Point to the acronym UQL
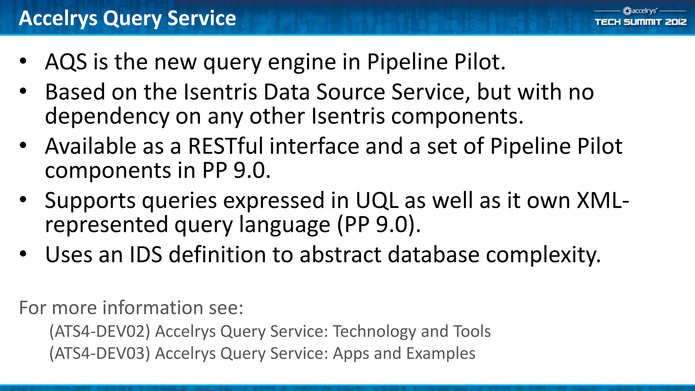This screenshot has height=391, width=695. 377,200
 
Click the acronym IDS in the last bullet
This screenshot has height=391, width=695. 146,255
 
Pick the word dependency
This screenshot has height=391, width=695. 107,117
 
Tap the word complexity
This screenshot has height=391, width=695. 543,255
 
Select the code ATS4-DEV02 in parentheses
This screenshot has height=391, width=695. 99,331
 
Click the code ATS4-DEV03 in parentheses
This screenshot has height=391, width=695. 99,353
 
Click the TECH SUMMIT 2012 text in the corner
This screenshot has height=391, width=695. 640,22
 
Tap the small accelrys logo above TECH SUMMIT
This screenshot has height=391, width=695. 640,11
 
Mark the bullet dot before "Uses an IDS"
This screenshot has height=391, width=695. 23,254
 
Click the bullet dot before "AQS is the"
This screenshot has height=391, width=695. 23,61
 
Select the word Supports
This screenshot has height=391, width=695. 90,201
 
